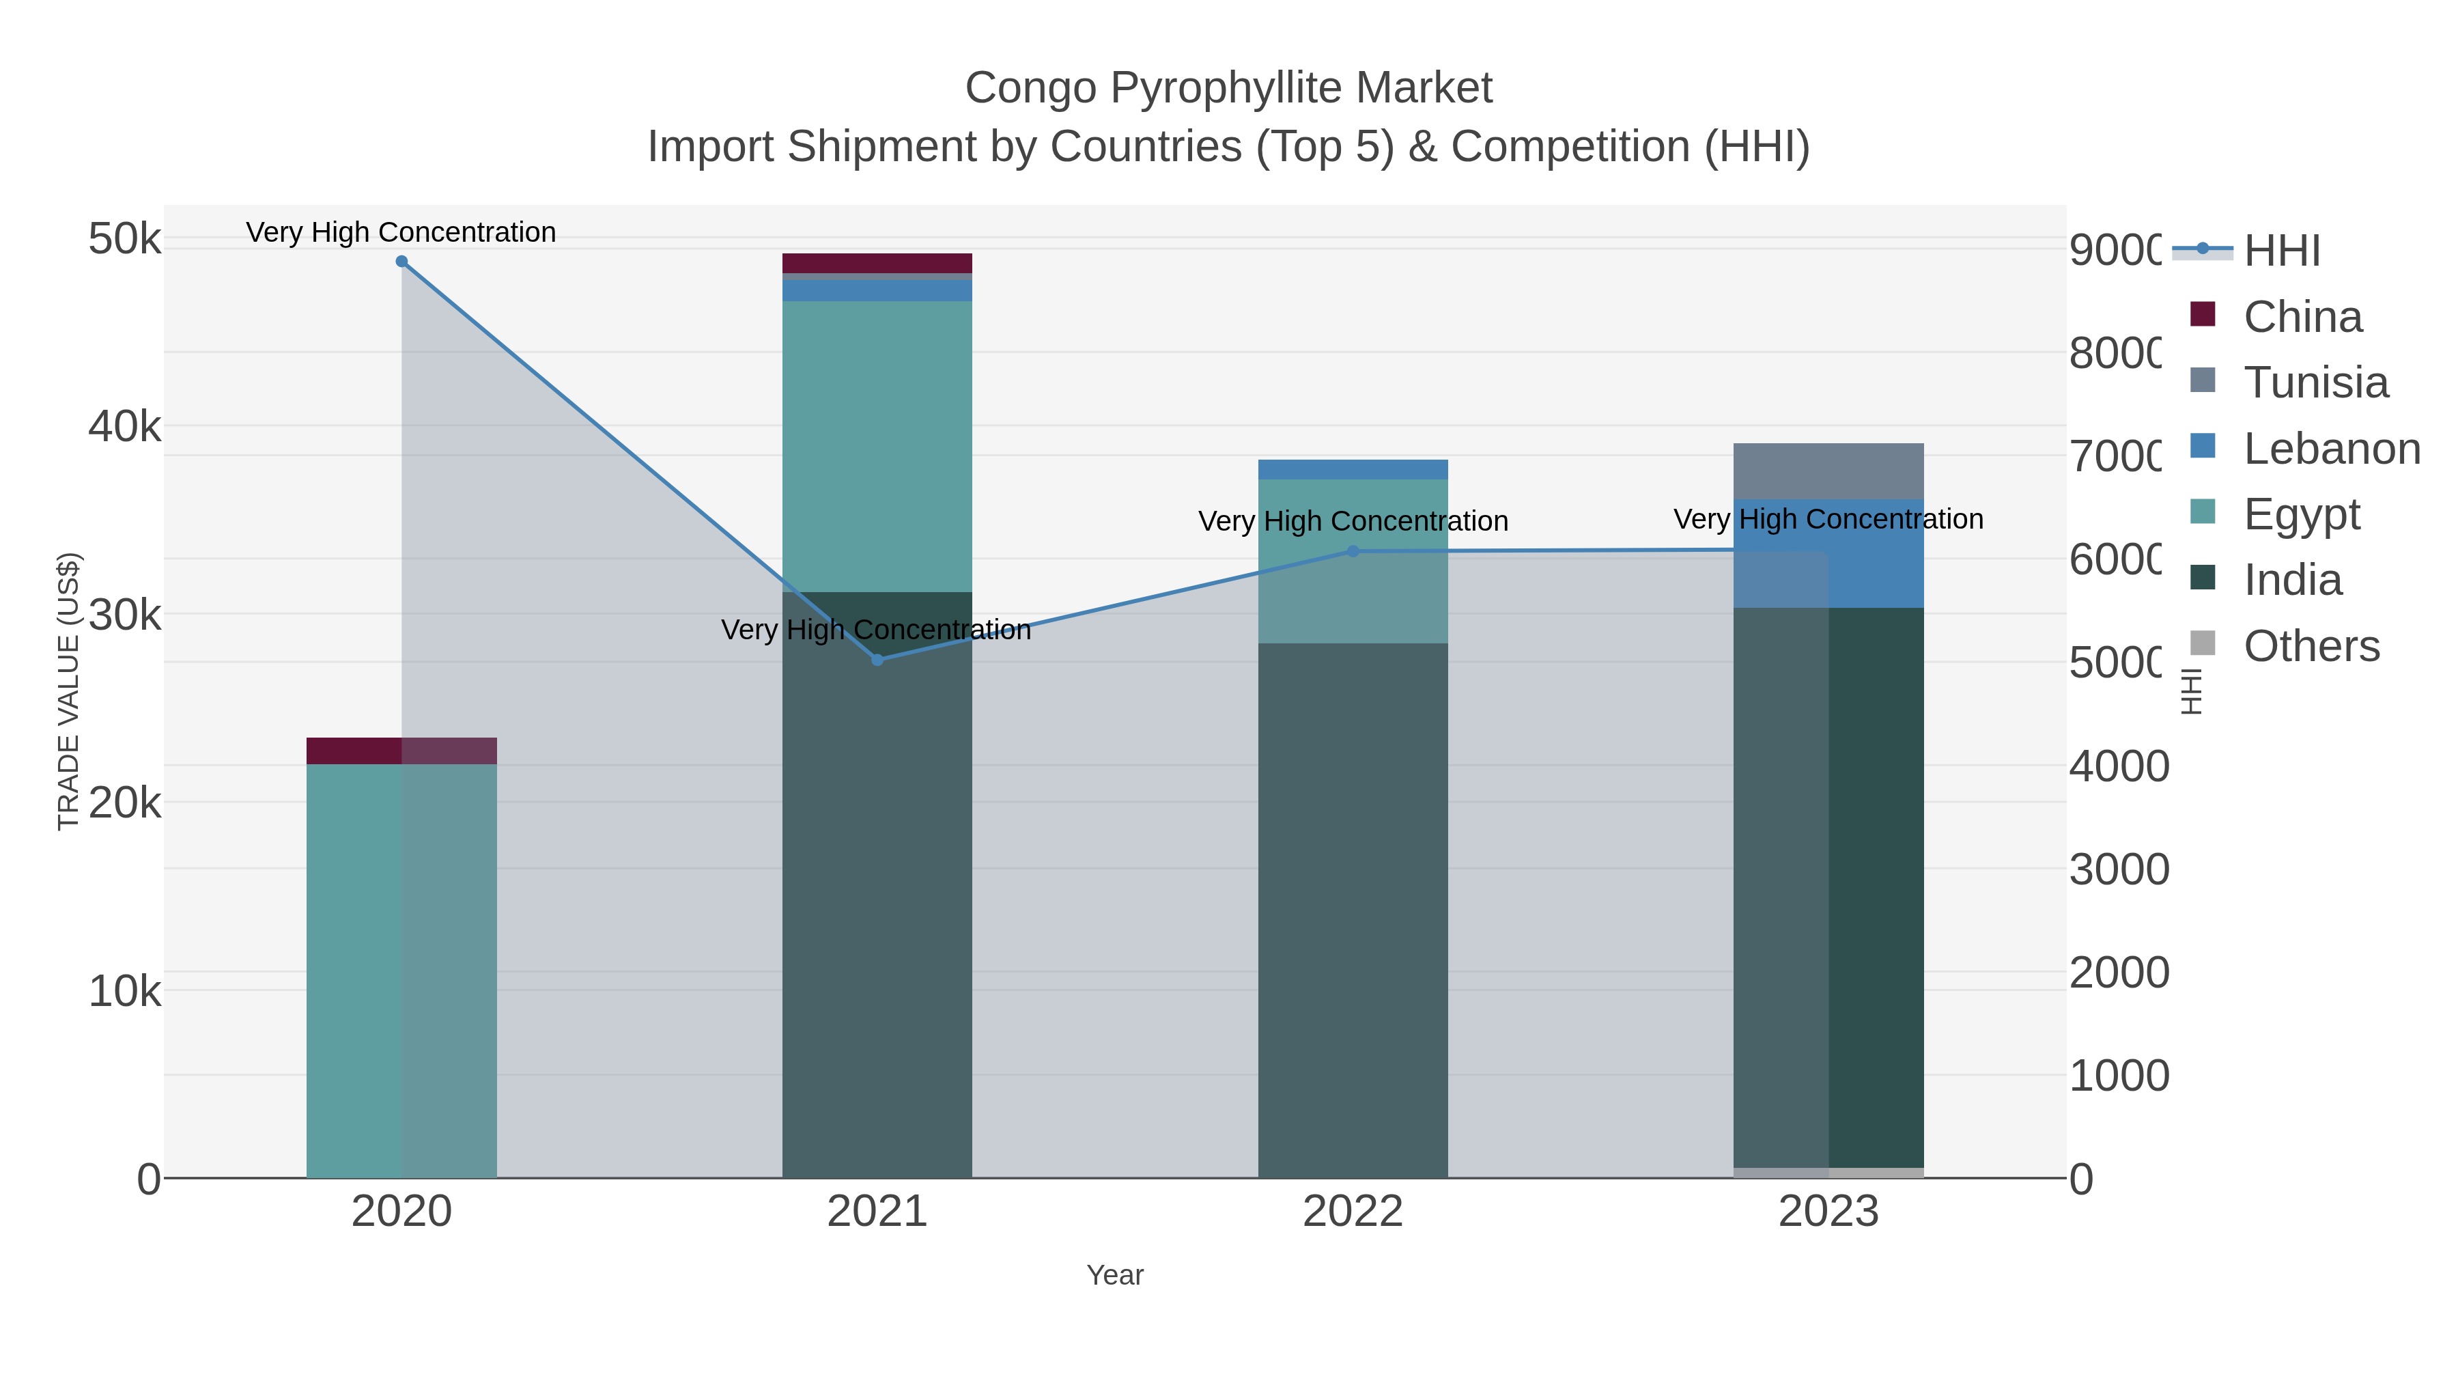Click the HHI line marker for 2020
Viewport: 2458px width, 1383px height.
click(x=401, y=262)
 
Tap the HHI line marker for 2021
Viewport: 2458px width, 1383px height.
click(x=877, y=660)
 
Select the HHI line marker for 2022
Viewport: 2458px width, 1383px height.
click(x=1352, y=550)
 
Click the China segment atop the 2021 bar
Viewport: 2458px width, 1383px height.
click(x=877, y=264)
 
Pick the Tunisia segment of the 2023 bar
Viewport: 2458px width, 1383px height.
click(x=1828, y=471)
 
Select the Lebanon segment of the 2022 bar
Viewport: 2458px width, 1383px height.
click(x=1352, y=470)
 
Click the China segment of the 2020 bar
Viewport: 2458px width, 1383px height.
click(x=401, y=751)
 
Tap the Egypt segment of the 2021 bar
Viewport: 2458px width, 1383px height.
click(x=877, y=446)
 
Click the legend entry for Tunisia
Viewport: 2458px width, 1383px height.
click(x=2315, y=382)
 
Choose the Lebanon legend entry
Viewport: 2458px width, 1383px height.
click(x=2331, y=449)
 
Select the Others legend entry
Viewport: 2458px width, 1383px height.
click(x=2310, y=646)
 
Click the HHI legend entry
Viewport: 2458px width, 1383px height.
click(x=2280, y=251)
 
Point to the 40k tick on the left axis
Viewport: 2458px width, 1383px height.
click(x=124, y=427)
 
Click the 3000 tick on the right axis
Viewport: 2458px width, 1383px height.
click(x=2118, y=869)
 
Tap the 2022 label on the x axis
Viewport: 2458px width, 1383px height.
click(x=1352, y=1212)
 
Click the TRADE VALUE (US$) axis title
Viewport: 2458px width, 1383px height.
click(x=69, y=691)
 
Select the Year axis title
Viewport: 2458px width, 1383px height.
click(x=1114, y=1275)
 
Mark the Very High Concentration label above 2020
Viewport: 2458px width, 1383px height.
click(x=401, y=232)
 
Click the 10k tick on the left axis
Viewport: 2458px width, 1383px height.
click(x=124, y=992)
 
